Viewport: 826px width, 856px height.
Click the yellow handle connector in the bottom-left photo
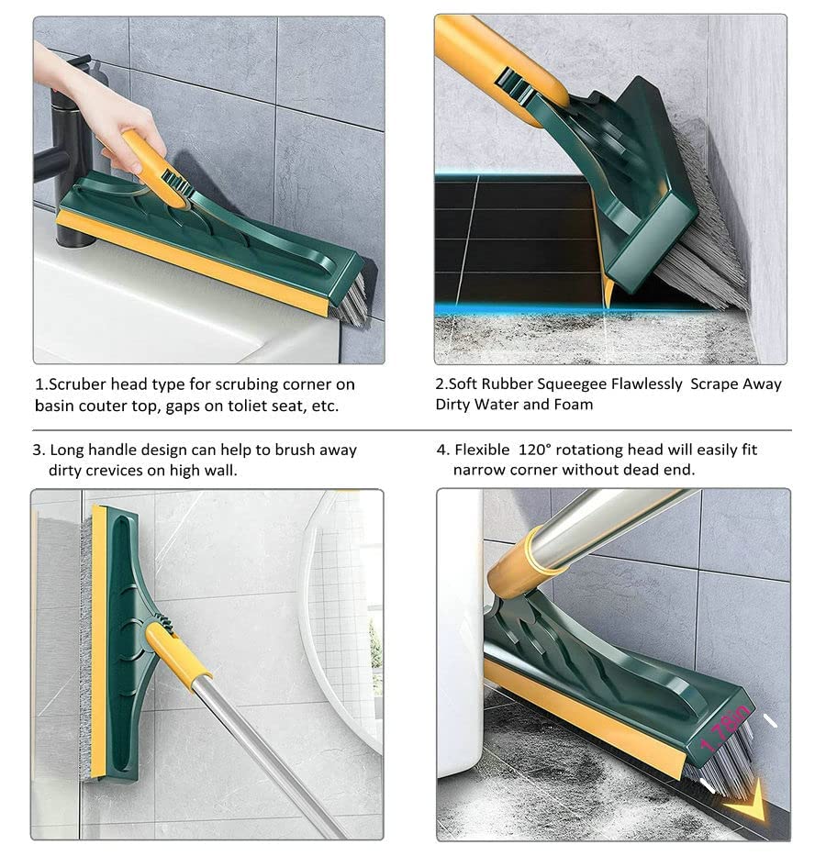[177, 653]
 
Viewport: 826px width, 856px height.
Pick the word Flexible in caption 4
[485, 450]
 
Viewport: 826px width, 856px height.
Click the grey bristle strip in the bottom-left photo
[84, 642]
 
